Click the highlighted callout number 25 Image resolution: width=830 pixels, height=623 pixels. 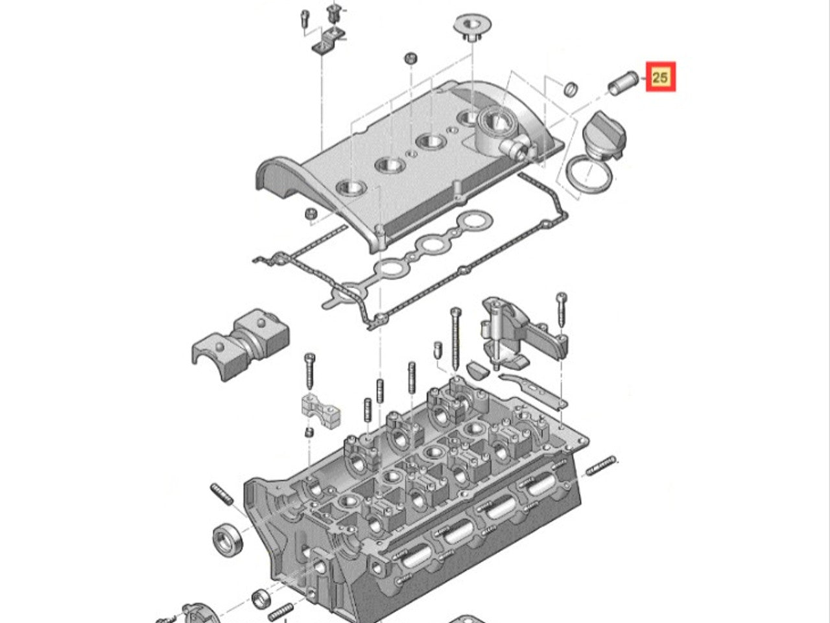[660, 77]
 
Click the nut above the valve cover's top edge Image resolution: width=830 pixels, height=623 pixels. [410, 58]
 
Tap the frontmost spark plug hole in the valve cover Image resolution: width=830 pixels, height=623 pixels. [351, 189]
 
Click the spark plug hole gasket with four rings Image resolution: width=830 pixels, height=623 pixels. [431, 243]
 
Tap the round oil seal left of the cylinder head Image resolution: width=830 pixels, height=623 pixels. [228, 539]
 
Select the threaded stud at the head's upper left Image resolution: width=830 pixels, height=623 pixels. [221, 496]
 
